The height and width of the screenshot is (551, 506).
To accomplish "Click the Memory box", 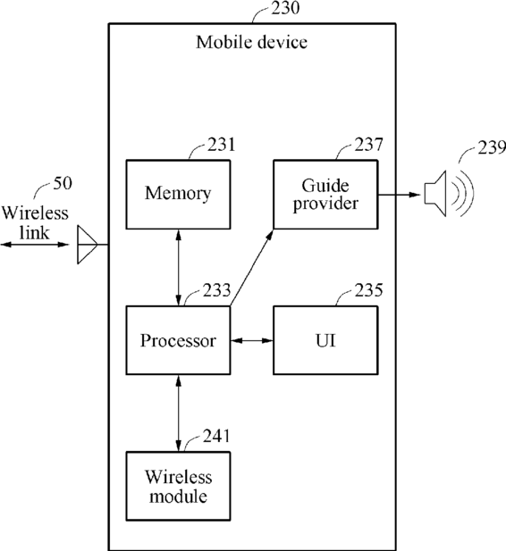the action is tap(179, 195).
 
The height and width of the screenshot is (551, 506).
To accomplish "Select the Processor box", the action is tap(179, 340).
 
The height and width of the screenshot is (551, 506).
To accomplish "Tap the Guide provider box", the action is tap(325, 195).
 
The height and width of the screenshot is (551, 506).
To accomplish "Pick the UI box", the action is tap(325, 340).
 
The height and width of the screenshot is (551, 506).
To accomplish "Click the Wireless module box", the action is tap(179, 486).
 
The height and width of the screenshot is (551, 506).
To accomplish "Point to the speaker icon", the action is tap(449, 193).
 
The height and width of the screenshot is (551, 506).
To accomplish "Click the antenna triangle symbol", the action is tap(87, 245).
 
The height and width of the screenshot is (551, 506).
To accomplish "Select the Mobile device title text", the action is tap(251, 42).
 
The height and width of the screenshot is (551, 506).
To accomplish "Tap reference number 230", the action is tap(285, 8).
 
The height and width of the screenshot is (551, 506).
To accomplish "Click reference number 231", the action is tap(221, 145).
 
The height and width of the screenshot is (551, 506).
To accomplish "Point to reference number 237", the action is tap(368, 145).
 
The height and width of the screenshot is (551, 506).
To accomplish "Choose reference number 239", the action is tap(492, 147).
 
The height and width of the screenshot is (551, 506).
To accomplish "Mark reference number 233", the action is tap(216, 290).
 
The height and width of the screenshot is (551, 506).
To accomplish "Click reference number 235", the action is tap(368, 290).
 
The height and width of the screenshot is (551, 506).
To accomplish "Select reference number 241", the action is tap(216, 436).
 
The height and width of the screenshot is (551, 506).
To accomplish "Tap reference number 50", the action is tap(63, 183).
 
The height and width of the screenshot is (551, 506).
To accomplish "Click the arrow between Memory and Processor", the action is tap(179, 267).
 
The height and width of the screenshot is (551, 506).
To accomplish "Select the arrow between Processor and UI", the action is tap(252, 340).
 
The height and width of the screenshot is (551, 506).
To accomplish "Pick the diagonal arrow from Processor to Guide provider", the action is tap(251, 268).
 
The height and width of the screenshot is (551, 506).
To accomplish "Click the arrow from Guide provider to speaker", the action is tap(400, 195).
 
